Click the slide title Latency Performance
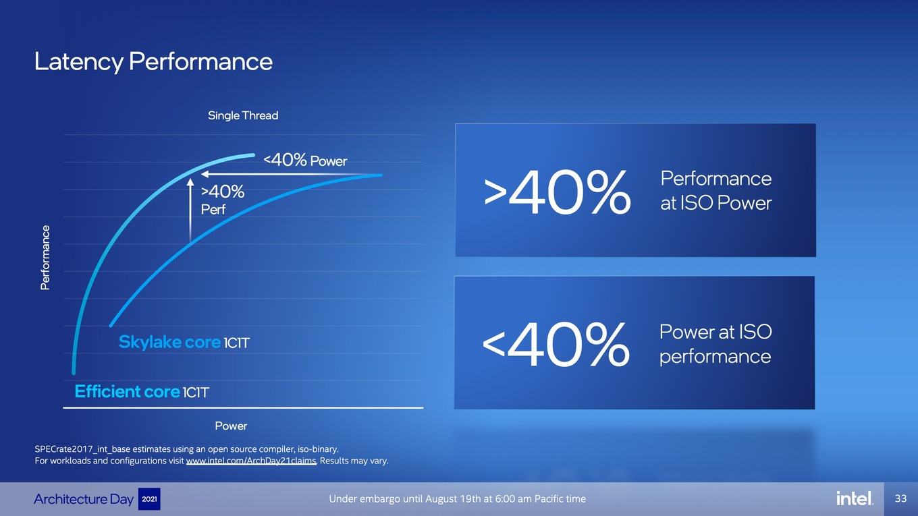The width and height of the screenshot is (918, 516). click(x=153, y=61)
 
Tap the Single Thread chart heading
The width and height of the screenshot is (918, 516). click(x=243, y=115)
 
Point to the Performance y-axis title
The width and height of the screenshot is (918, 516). click(x=45, y=258)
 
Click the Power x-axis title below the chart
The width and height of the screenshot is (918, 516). click(x=231, y=426)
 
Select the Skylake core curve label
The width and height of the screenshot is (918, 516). click(x=184, y=342)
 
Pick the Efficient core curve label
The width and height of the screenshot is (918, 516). click(x=141, y=391)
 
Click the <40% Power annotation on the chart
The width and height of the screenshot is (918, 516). click(x=305, y=160)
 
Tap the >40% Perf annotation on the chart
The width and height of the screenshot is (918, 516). click(x=222, y=200)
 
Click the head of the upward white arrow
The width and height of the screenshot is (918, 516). click(x=190, y=181)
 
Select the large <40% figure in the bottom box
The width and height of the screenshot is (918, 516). click(x=556, y=344)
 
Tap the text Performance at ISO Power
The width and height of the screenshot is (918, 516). click(x=716, y=191)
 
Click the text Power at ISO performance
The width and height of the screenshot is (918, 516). click(x=715, y=343)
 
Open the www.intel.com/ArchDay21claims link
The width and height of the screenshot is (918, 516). click(x=251, y=461)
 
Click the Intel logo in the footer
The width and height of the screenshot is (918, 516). click(x=855, y=498)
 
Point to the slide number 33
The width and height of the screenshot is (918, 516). click(x=900, y=498)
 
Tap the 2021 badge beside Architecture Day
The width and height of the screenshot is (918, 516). click(x=149, y=499)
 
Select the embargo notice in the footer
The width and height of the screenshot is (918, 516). click(x=458, y=499)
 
